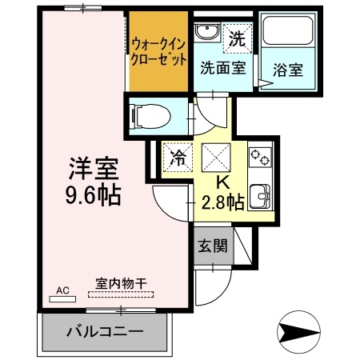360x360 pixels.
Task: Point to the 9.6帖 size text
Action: pos(94,195)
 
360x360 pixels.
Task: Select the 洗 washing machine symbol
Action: pos(238,37)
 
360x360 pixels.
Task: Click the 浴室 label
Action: pos(287,70)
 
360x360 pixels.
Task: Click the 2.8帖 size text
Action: pos(222,203)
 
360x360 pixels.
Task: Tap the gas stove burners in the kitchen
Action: pos(260,155)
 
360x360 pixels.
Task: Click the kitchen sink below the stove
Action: pos(260,194)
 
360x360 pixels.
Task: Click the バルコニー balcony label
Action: pos(104,330)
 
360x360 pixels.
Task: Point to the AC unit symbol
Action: pos(62,294)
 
